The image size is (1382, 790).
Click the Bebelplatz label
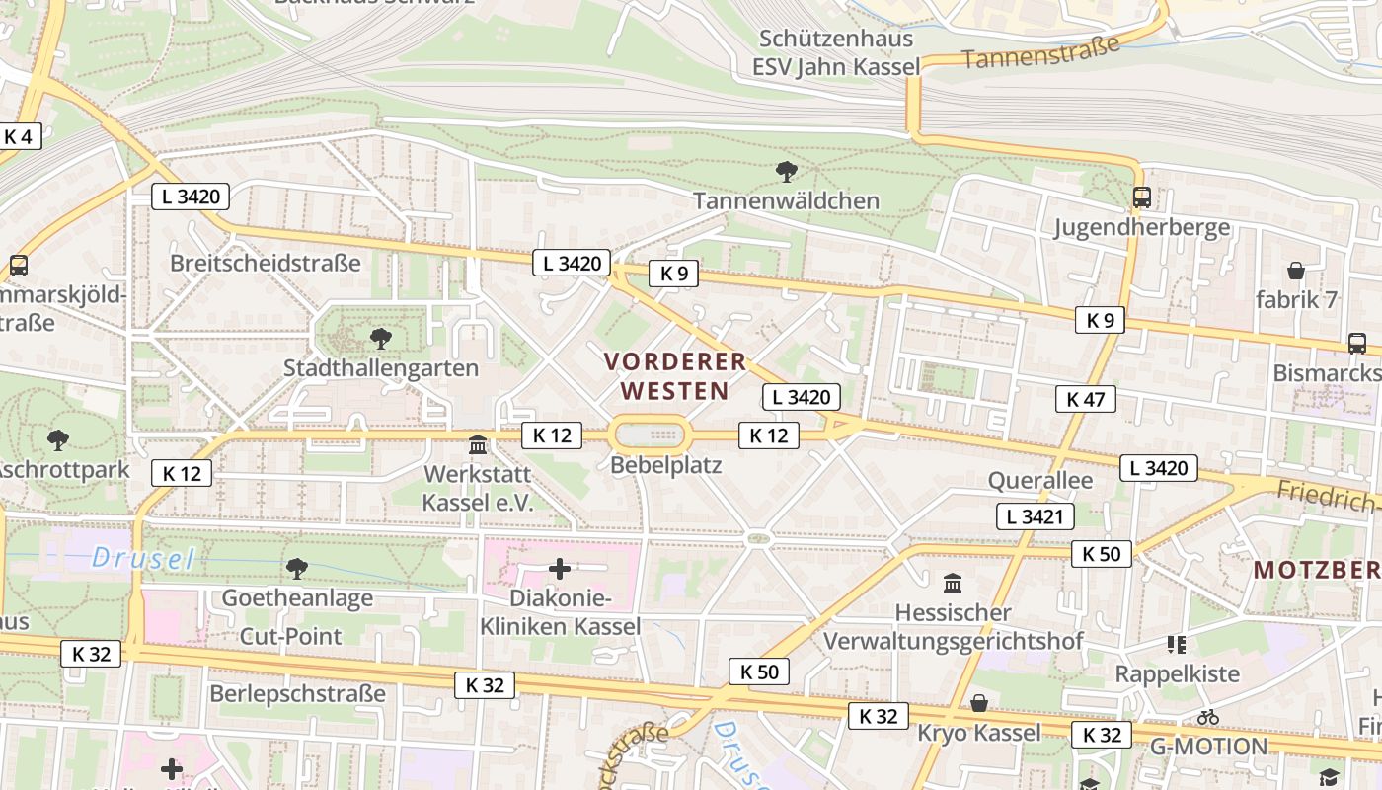pos(666,464)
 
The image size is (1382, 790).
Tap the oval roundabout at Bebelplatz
pos(649,434)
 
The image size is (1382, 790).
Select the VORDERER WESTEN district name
pos(675,375)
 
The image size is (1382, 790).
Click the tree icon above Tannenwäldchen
pos(786,172)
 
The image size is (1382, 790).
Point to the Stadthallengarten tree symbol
pos(380,339)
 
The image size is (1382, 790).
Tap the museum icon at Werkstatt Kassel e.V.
pos(478,444)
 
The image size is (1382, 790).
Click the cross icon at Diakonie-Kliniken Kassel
pos(560,568)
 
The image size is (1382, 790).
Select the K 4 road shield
pos(19,136)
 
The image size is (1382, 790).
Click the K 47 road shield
pos(1085,399)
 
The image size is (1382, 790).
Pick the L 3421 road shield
pos(1034,515)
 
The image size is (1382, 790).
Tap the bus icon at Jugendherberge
pos(1142,197)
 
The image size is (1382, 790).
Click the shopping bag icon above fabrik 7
pos(1295,271)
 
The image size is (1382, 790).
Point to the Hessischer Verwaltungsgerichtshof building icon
pos(953,583)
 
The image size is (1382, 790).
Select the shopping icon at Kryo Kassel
pos(978,703)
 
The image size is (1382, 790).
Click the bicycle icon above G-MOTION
pos(1207,717)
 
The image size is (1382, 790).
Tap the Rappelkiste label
pos(1177,674)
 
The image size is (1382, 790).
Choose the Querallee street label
pos(1040,481)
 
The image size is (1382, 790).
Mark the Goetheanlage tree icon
pos(296,568)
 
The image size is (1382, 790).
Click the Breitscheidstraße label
pos(265,264)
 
